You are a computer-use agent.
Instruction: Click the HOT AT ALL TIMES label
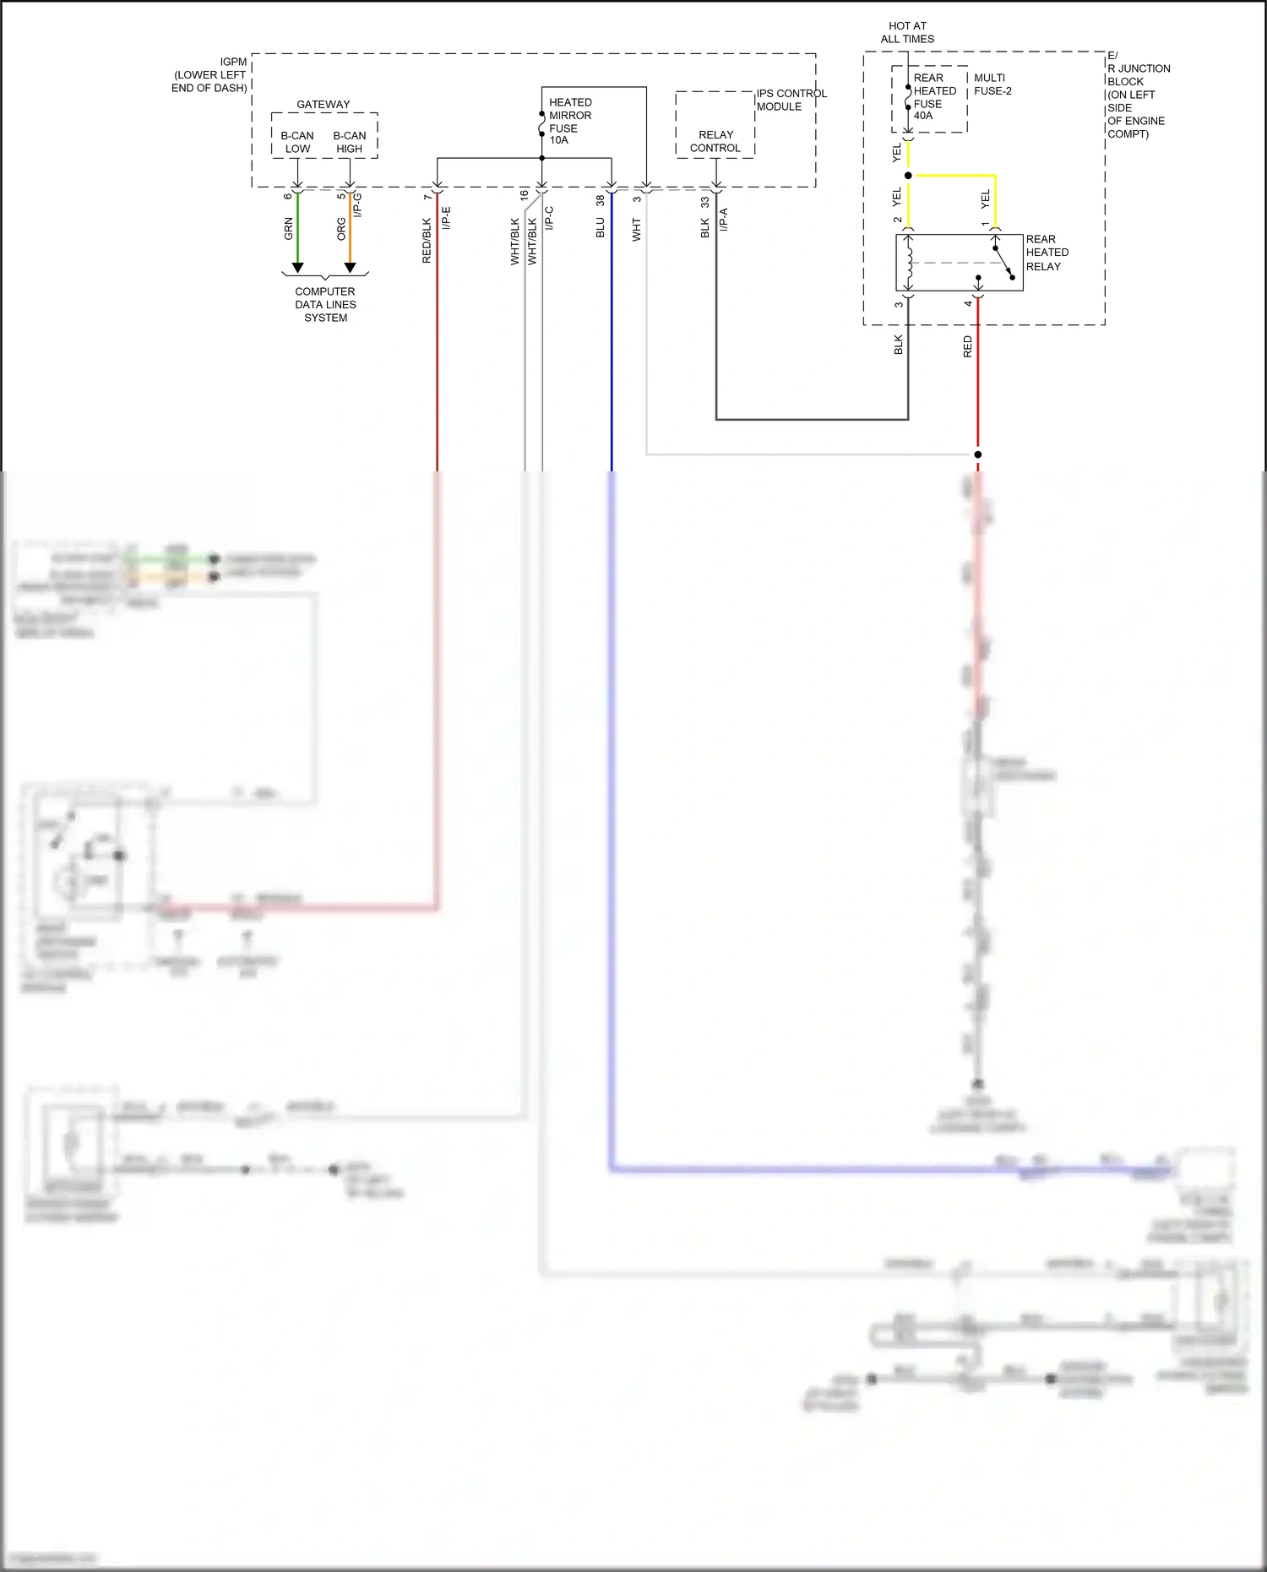point(907,32)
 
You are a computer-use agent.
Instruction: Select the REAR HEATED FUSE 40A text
point(933,96)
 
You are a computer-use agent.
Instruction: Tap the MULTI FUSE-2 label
point(992,84)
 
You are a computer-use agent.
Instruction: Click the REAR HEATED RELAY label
point(1047,253)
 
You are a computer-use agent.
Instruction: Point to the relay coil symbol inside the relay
point(910,263)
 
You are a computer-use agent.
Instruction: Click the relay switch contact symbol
point(1003,258)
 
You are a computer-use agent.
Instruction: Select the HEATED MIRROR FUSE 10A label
point(569,121)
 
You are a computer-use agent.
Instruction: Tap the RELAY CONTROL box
point(715,141)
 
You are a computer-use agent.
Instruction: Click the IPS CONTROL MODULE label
point(791,100)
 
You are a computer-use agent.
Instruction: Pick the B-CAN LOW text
point(297,142)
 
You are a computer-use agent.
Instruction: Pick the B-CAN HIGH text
point(350,142)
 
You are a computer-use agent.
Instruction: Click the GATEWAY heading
point(324,104)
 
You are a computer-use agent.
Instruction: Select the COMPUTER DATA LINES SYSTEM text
point(325,304)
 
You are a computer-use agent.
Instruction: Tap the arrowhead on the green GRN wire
point(297,268)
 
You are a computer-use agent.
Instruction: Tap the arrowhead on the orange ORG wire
point(350,268)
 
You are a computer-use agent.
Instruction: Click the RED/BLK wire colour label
point(427,241)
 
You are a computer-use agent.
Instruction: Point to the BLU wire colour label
point(601,227)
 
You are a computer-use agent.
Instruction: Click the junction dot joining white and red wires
point(978,454)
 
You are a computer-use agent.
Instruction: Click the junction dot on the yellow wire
point(908,176)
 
